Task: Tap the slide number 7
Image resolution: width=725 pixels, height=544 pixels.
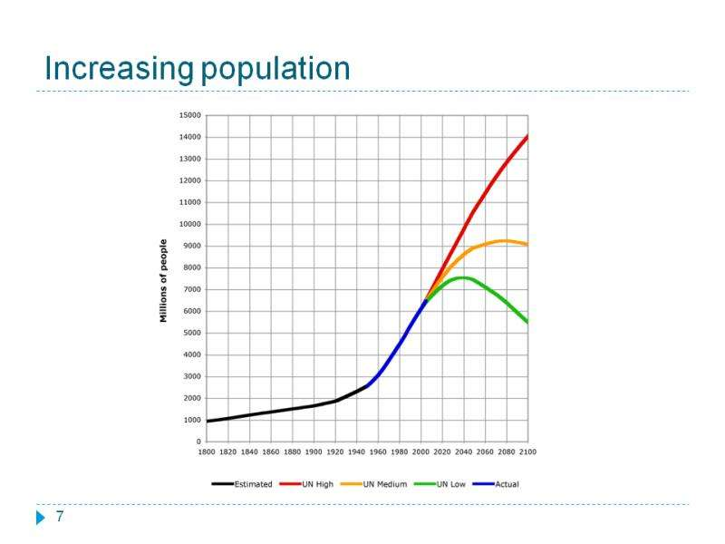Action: point(60,517)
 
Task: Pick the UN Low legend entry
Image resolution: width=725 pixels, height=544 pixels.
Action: point(450,484)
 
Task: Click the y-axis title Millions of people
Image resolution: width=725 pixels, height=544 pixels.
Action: point(164,280)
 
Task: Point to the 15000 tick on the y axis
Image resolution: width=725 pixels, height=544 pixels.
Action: point(190,115)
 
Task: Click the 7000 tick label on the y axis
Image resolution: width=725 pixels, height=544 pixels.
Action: point(192,289)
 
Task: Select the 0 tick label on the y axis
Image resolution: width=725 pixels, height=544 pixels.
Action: point(198,442)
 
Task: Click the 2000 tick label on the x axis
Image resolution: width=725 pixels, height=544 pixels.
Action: point(420,451)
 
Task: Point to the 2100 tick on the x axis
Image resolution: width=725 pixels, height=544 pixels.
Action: point(527,451)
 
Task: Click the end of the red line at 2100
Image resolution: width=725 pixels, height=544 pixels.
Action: point(527,136)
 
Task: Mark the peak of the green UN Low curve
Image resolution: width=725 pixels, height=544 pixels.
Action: point(462,277)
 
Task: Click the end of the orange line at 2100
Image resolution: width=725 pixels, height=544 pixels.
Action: point(527,245)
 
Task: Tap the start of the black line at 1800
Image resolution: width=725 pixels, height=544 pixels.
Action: point(207,421)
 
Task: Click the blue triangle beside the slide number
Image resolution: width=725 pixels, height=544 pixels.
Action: point(40,518)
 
